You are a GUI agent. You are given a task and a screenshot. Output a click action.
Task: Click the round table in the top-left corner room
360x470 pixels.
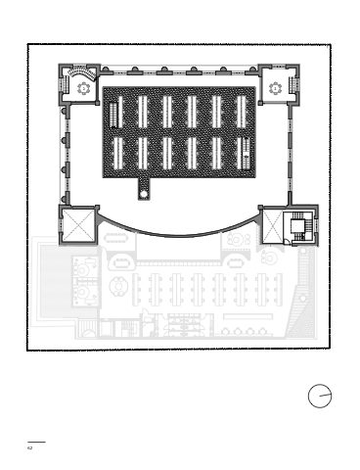pos(83,88)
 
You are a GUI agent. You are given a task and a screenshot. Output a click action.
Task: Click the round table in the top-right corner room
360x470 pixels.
pos(275,88)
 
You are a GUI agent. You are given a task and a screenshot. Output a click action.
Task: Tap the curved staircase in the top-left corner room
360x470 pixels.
pos(81,72)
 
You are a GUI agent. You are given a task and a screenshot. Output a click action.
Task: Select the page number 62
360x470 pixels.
pos(29,447)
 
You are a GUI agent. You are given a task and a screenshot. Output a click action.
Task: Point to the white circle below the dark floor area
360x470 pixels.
pos(144,194)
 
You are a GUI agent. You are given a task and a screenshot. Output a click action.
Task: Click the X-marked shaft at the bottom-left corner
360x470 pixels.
pos(78,224)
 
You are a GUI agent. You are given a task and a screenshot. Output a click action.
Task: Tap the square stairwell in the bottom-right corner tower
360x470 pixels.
pos(297,226)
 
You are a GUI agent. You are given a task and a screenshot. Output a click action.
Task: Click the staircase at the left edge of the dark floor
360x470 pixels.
pos(112,115)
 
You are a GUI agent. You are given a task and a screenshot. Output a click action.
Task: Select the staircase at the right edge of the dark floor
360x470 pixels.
pos(246,153)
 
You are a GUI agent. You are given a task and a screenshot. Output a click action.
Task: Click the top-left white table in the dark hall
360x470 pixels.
pos(119,112)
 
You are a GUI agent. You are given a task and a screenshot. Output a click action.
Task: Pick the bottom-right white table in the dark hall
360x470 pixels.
pos(240,154)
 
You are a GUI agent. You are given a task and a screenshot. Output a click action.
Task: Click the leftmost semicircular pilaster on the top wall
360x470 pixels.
pos(105,70)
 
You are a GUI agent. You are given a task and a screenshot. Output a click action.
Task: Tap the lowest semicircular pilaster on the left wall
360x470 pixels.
pos(65,198)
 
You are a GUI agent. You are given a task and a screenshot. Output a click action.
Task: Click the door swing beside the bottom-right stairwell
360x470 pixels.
pos(287,242)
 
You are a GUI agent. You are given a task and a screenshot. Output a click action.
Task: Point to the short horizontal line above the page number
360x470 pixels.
pos(36,443)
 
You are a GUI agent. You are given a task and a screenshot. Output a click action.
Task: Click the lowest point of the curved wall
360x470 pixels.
pos(179,235)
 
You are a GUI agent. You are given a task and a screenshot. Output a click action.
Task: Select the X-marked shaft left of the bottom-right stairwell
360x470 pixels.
pos(273,226)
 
